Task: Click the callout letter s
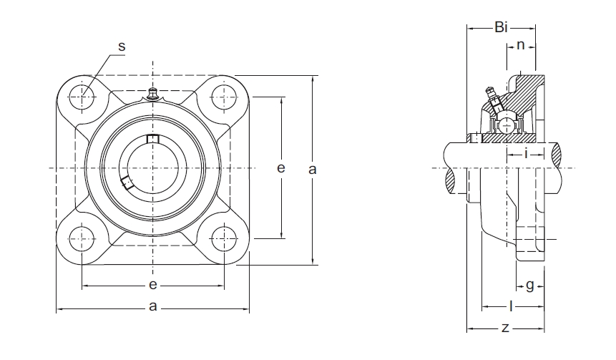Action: [x=122, y=47]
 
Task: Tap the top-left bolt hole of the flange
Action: [x=82, y=97]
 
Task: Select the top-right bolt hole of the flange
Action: [x=224, y=97]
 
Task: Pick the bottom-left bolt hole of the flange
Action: [x=82, y=238]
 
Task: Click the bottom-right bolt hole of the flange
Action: [x=224, y=238]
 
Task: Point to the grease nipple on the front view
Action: [x=153, y=94]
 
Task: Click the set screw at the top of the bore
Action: [x=153, y=139]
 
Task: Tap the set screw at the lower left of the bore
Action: [x=127, y=183]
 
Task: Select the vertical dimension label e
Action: [x=280, y=167]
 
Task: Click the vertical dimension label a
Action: [x=313, y=170]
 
